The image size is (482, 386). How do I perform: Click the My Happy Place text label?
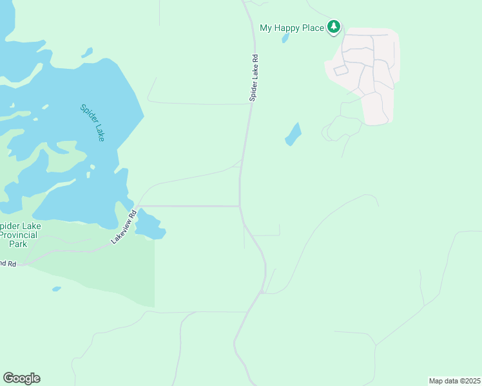(291, 28)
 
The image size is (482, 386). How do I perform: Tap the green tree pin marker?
(333, 27)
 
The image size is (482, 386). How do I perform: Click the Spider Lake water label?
(92, 122)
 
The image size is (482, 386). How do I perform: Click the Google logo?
(21, 378)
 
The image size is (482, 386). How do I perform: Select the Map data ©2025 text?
(454, 381)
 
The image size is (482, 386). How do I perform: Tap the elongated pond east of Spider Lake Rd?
(293, 134)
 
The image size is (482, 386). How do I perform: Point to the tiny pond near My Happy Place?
(285, 38)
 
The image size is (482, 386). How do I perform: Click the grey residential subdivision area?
(364, 71)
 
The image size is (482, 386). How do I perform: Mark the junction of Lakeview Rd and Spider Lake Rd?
(240, 207)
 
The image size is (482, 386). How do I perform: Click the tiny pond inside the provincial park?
(57, 289)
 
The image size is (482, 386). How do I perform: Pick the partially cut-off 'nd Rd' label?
(8, 263)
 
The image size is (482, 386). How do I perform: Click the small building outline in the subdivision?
(340, 70)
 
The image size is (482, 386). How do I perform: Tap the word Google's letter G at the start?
(8, 378)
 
